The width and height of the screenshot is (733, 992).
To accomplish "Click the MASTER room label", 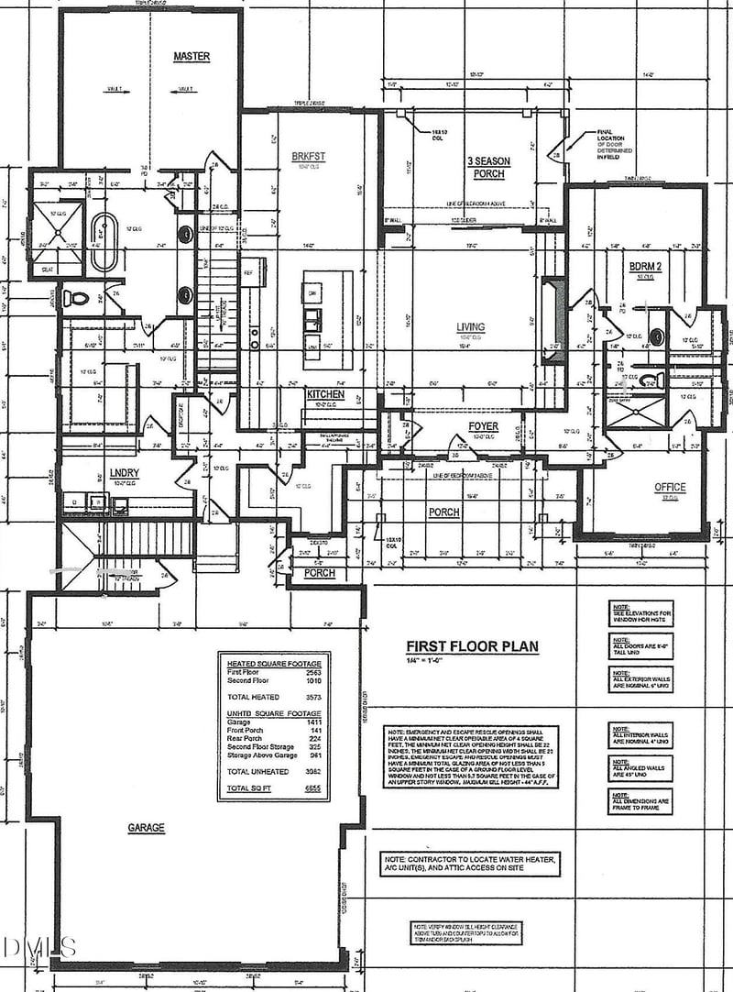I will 191,57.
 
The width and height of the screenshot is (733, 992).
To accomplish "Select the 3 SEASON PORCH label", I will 488,168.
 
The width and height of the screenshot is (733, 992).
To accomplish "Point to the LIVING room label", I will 471,327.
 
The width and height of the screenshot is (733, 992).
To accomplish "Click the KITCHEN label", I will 325,394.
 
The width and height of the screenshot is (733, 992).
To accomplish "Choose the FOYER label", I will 483,426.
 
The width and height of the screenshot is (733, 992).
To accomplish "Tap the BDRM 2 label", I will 647,266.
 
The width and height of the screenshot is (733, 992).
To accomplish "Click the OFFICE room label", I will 670,487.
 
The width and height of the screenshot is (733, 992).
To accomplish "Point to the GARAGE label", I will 147,828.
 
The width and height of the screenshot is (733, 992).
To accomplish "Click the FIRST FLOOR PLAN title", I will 473,646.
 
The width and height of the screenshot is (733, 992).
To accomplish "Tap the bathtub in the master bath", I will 103,243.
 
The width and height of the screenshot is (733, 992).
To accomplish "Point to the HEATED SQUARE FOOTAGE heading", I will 274,663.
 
